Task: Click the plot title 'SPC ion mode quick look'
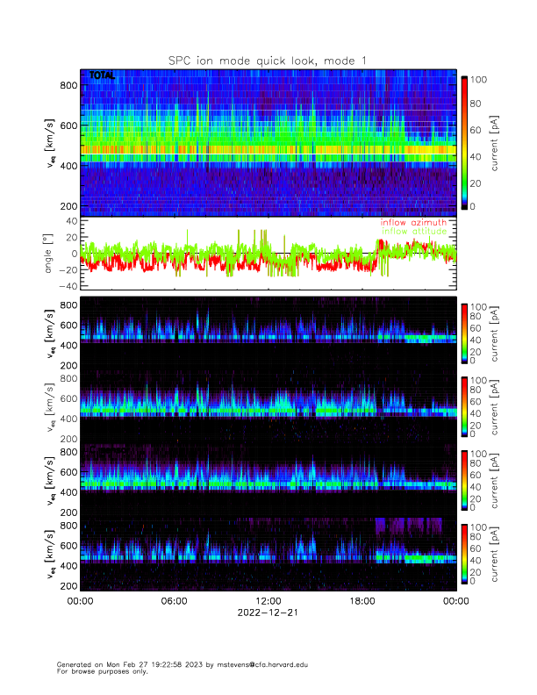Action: pos(268,60)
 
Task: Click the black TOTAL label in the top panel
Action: pos(101,75)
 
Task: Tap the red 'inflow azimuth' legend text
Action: pos(413,223)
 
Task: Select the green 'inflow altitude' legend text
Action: pos(413,232)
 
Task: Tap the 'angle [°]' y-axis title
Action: pos(48,253)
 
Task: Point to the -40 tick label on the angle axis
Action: pos(67,286)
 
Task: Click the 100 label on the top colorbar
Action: pos(479,79)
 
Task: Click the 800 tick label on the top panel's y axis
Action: pos(67,85)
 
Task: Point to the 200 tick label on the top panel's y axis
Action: pos(67,206)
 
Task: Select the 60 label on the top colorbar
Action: pos(476,130)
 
